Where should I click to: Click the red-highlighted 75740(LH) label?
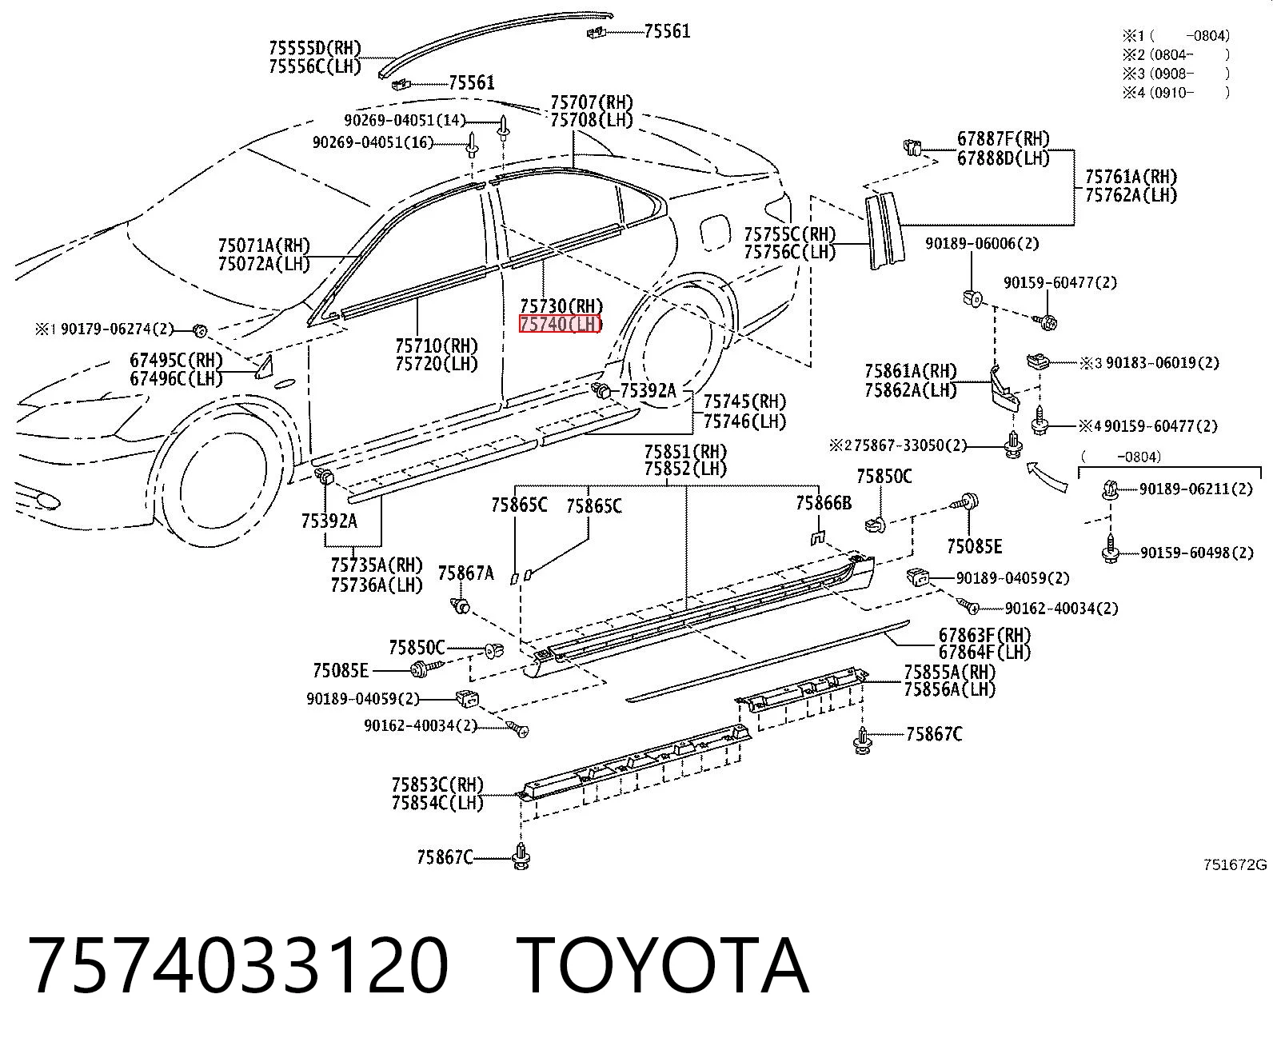point(561,325)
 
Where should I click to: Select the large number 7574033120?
point(237,966)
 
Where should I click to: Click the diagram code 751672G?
point(1235,865)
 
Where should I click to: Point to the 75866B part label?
point(824,503)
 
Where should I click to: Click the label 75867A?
point(466,573)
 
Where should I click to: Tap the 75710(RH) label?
point(437,345)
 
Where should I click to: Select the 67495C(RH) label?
point(177,360)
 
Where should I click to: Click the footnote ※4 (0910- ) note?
point(1176,93)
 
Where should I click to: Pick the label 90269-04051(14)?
point(405,120)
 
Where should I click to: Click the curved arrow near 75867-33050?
point(1046,477)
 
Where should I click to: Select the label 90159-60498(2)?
point(1197,553)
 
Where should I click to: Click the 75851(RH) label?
point(686,452)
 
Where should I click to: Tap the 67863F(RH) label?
point(984,635)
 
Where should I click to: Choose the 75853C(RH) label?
point(437,785)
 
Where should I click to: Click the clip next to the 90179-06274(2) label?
point(199,330)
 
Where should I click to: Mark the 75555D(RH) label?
point(315,47)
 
